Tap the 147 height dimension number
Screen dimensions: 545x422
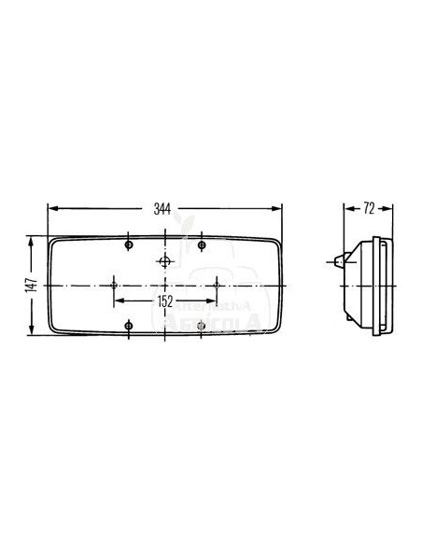click(x=31, y=283)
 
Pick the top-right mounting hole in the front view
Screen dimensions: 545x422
click(x=202, y=245)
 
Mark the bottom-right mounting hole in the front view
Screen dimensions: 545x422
click(x=202, y=325)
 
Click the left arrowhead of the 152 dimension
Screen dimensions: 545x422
click(x=117, y=300)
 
